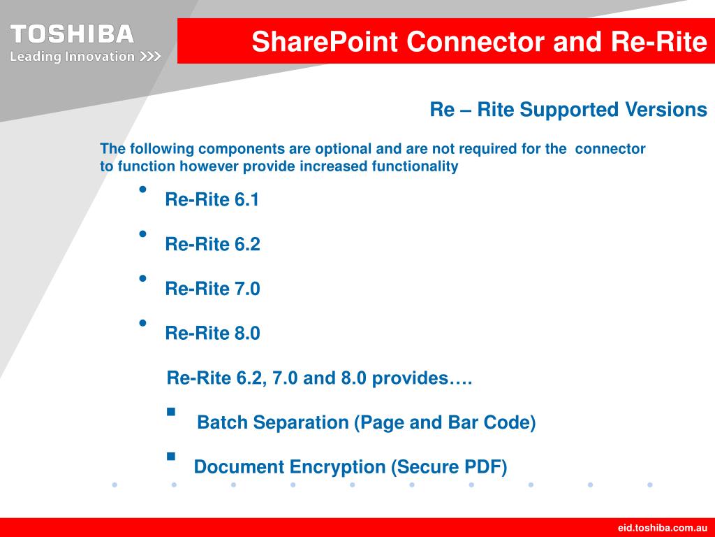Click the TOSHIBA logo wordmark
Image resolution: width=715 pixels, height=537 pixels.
point(72,34)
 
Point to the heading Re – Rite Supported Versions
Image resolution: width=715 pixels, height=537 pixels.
point(568,110)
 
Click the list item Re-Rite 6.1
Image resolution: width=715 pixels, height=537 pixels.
point(212,200)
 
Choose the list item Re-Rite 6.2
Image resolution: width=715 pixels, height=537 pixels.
point(212,245)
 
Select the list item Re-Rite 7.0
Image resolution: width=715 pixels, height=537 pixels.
point(212,289)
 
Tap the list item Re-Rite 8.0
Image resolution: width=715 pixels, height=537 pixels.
point(212,334)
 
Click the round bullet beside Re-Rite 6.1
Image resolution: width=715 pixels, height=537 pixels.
point(143,189)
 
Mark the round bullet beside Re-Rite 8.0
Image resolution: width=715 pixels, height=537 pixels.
point(143,323)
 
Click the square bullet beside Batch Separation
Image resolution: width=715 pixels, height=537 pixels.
point(171,412)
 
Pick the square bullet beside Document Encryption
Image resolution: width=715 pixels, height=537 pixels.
point(171,456)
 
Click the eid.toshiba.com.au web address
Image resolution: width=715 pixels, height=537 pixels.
point(662,527)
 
